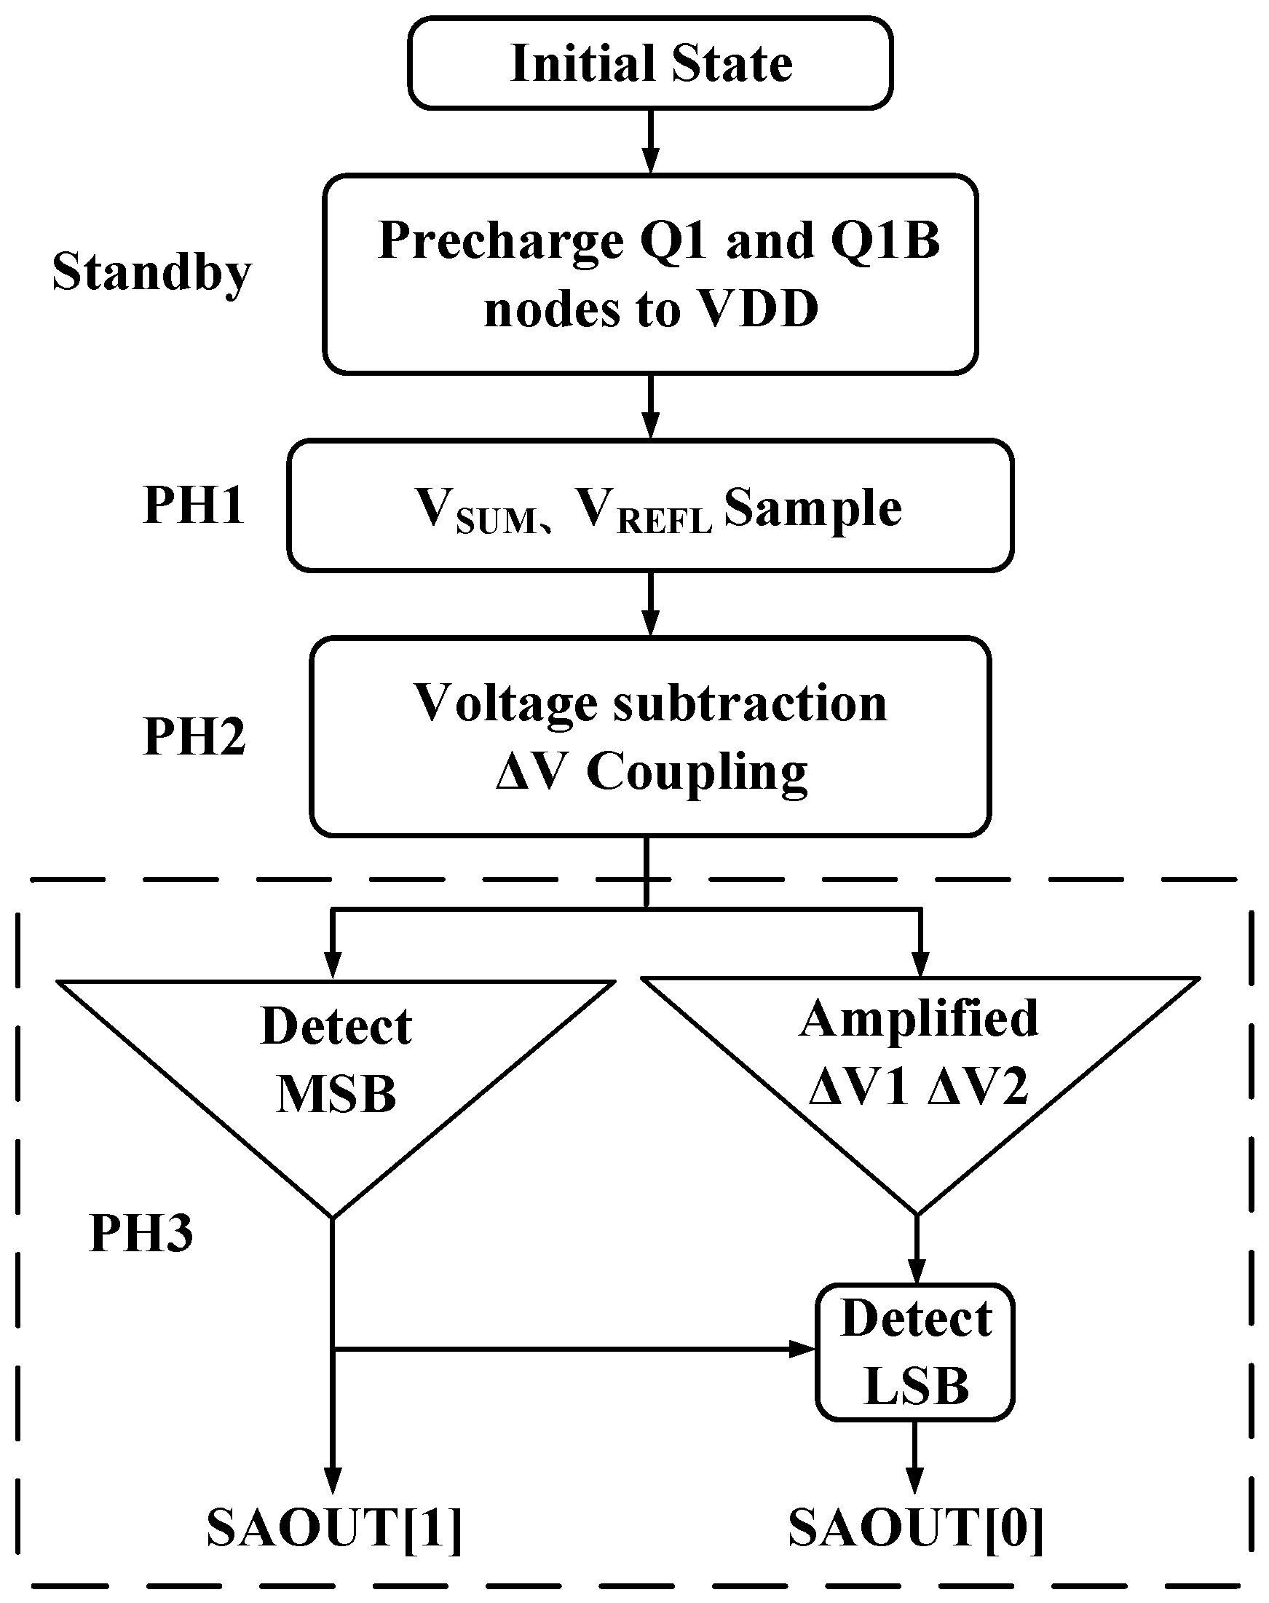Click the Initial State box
click(650, 63)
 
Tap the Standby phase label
click(152, 272)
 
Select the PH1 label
click(194, 505)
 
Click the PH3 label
click(141, 1233)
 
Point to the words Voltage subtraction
click(650, 702)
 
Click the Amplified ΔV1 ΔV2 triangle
click(919, 1055)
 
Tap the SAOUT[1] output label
click(334, 1528)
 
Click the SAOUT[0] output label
click(915, 1528)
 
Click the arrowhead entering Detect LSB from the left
click(802, 1349)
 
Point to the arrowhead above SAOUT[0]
click(915, 1479)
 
